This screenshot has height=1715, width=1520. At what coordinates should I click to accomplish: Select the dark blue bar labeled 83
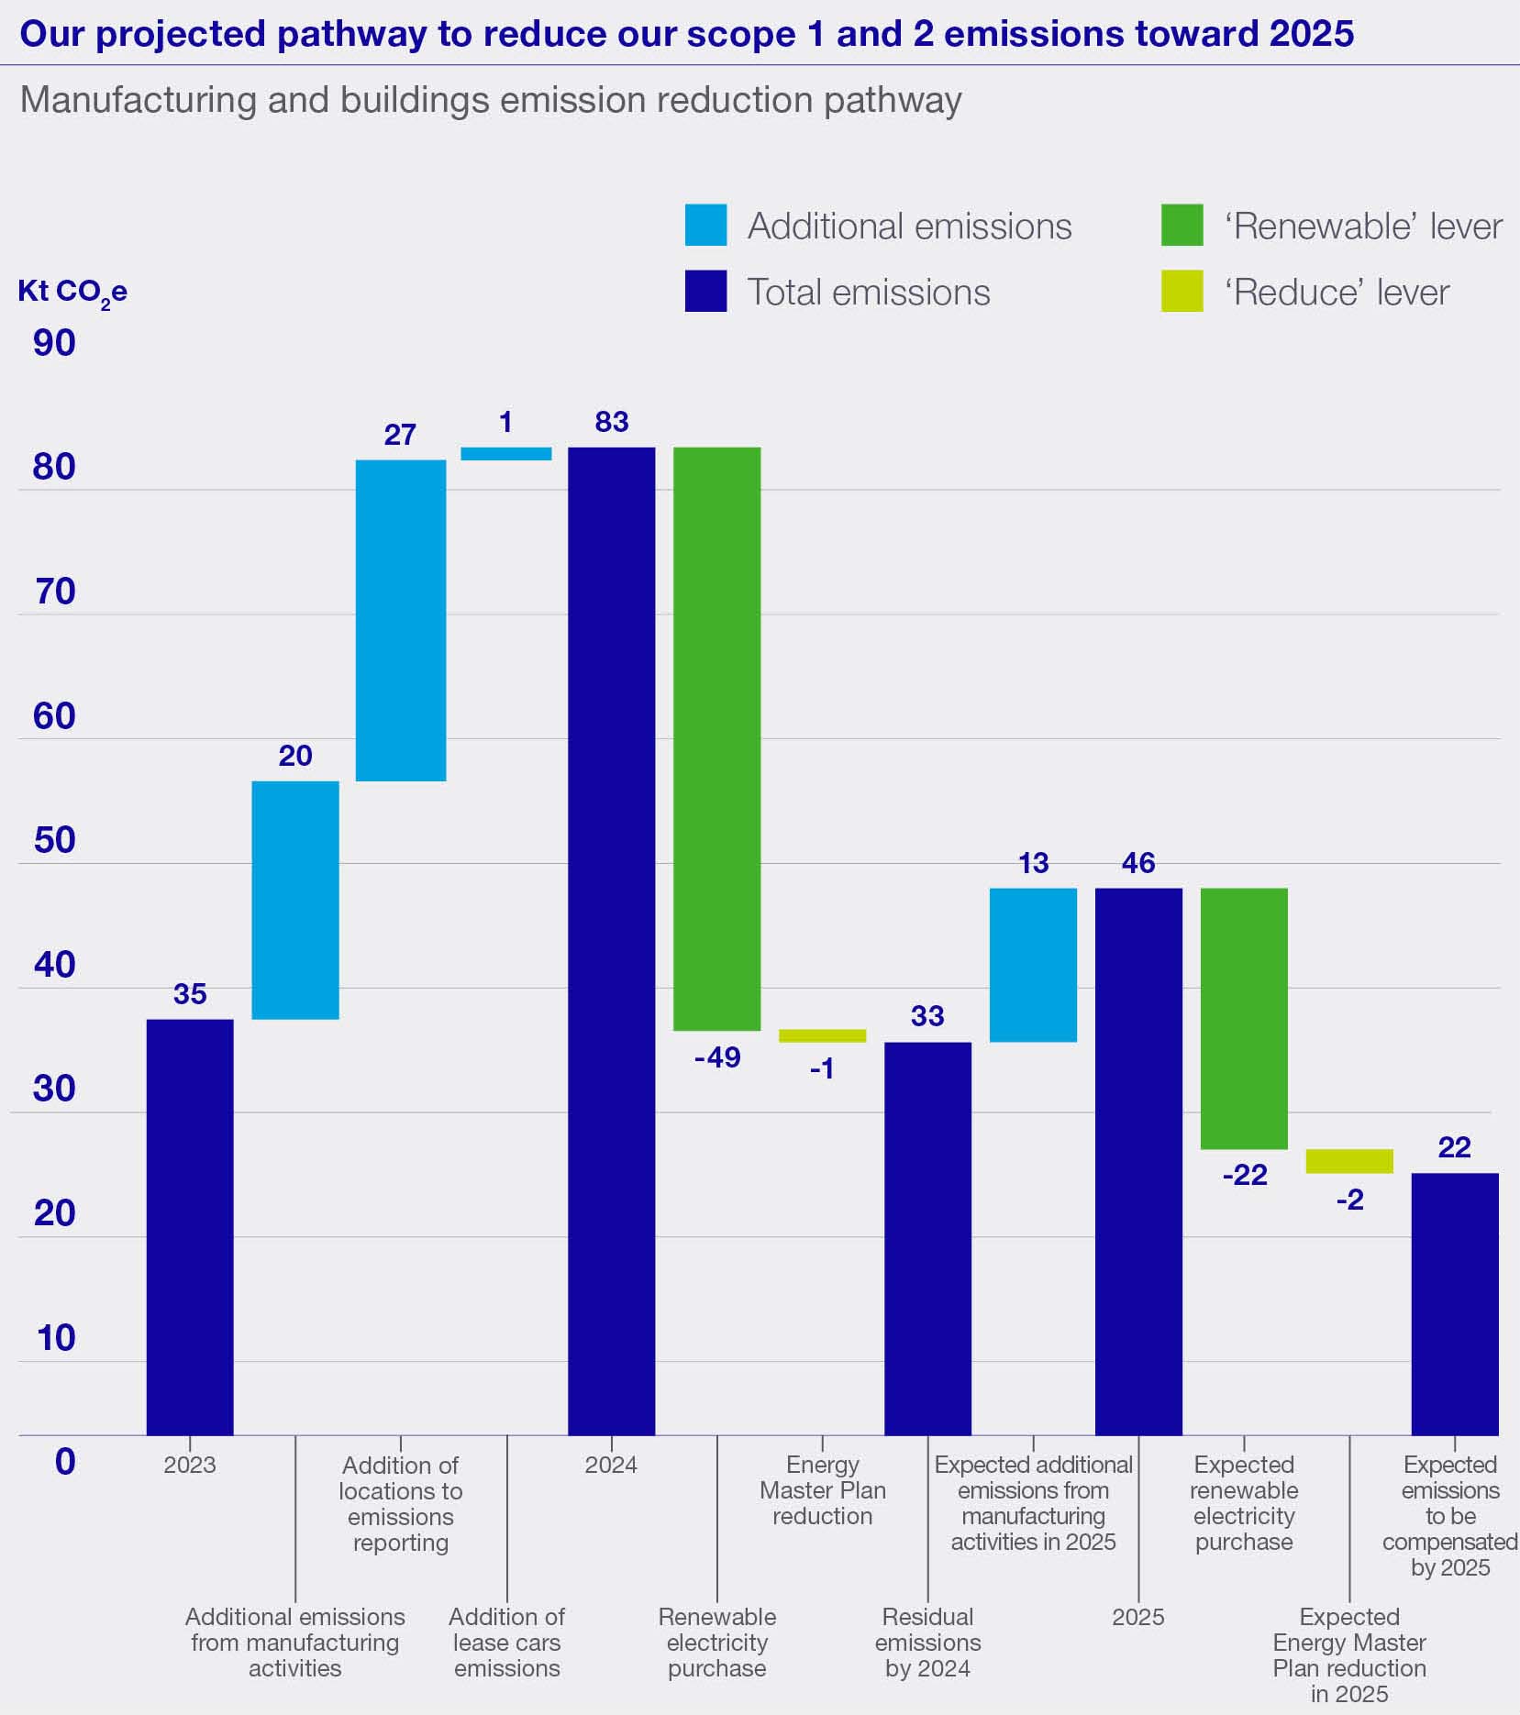(611, 940)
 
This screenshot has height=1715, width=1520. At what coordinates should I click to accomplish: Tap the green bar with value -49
(716, 738)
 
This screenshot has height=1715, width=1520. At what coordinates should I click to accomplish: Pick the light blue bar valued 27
(401, 620)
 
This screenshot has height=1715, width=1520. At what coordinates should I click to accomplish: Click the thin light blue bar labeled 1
(505, 454)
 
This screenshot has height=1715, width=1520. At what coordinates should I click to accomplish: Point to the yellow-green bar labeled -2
(1349, 1161)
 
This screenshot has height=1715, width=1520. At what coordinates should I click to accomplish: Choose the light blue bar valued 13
(1033, 965)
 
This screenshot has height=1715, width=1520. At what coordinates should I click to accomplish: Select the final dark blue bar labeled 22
(1454, 1303)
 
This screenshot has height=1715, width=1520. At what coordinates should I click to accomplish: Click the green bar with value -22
(1244, 1018)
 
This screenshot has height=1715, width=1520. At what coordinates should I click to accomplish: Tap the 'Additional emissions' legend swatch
(705, 226)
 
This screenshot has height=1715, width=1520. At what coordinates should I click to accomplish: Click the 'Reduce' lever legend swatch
(1182, 292)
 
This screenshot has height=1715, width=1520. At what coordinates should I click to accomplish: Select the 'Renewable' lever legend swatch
(1182, 226)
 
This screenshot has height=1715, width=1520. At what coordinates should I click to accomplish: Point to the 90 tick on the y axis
(54, 343)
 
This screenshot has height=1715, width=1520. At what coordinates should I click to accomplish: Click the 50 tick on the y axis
(54, 840)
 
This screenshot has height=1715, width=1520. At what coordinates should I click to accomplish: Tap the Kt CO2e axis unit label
(72, 293)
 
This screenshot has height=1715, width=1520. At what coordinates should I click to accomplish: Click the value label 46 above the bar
(1138, 863)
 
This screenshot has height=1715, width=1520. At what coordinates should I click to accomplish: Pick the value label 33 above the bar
(927, 1016)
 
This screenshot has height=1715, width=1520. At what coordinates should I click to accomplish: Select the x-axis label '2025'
(1138, 1617)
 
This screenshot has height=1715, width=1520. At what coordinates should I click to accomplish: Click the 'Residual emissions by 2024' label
(927, 1642)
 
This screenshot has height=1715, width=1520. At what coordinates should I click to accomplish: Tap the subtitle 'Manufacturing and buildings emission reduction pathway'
(491, 100)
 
